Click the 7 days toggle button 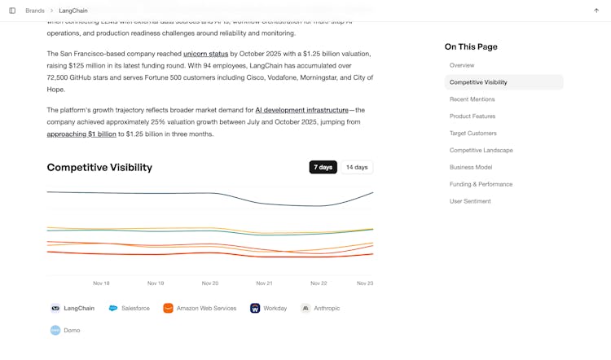click(323, 167)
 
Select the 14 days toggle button click(357, 167)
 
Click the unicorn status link click(205, 54)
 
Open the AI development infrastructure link click(301, 110)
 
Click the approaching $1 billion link click(81, 134)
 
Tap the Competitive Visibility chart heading click(99, 168)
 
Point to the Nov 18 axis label click(101, 283)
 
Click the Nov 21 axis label click(264, 283)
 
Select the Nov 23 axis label click(365, 283)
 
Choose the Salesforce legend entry click(130, 309)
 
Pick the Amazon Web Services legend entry click(200, 309)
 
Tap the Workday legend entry click(269, 309)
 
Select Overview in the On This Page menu click(462, 65)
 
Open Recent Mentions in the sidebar click(472, 99)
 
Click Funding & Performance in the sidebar click(481, 184)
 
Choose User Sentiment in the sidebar click(470, 201)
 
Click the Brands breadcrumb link click(35, 11)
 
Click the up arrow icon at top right click(596, 11)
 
